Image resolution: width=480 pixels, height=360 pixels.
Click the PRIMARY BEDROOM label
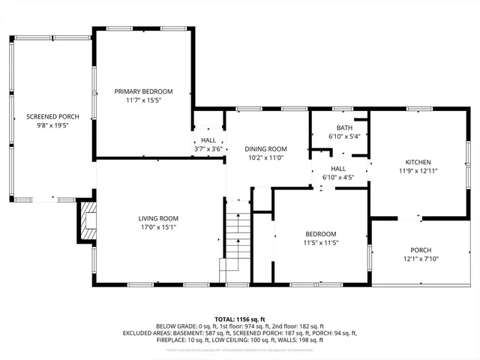click(143, 91)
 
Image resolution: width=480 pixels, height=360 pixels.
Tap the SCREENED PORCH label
click(52, 116)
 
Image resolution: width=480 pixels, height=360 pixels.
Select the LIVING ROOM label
click(157, 218)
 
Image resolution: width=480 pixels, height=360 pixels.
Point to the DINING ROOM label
click(266, 148)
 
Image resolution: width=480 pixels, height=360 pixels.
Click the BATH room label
click(344, 127)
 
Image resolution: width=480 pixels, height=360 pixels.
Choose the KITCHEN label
click(418, 162)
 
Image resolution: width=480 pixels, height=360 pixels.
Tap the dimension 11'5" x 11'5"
click(320, 242)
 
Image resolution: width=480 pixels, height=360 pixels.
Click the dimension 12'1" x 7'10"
click(421, 259)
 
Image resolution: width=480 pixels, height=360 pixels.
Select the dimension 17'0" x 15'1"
click(157, 228)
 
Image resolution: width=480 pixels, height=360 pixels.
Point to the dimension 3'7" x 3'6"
click(208, 149)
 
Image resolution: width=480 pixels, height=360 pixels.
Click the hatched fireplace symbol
click(88, 223)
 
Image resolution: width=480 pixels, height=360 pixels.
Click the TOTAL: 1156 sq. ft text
click(240, 319)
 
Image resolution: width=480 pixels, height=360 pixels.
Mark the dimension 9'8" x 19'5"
click(52, 126)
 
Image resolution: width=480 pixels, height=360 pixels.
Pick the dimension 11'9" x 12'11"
click(418, 171)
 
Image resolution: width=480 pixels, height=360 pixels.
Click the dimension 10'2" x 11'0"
click(266, 158)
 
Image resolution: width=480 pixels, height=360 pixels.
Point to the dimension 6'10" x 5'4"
click(344, 136)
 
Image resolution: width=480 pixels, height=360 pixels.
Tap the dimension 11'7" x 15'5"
click(143, 100)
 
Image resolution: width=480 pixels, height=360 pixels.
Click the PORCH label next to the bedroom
click(421, 250)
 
